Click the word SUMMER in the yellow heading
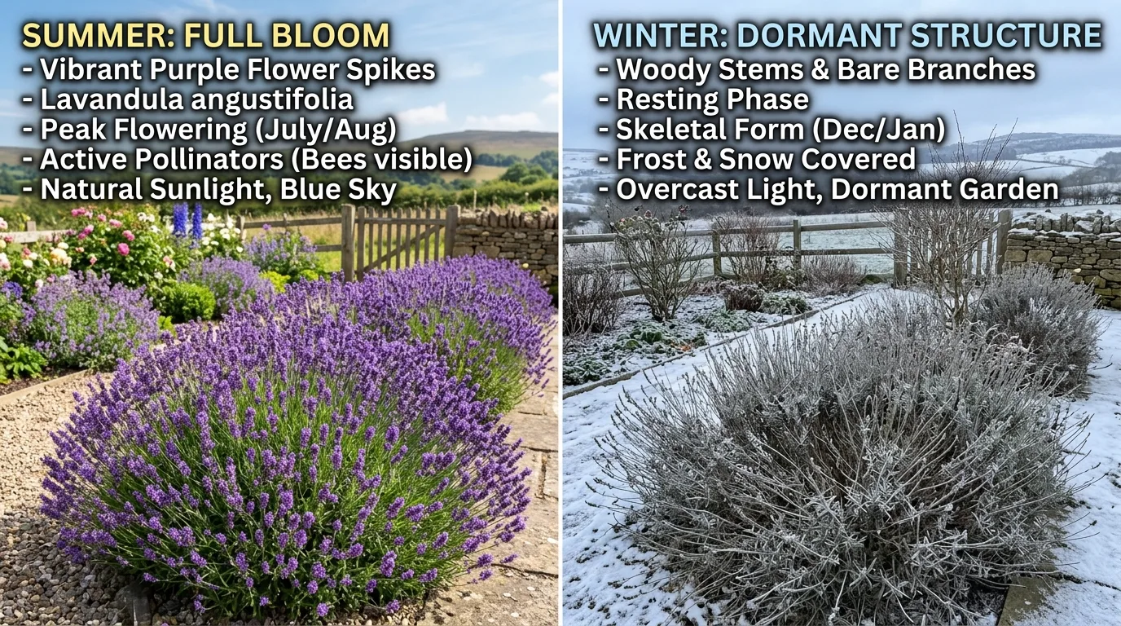[99, 35]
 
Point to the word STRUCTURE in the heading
[1006, 35]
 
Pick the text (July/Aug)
[326, 130]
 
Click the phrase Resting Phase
[713, 99]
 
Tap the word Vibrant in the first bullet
[92, 69]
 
